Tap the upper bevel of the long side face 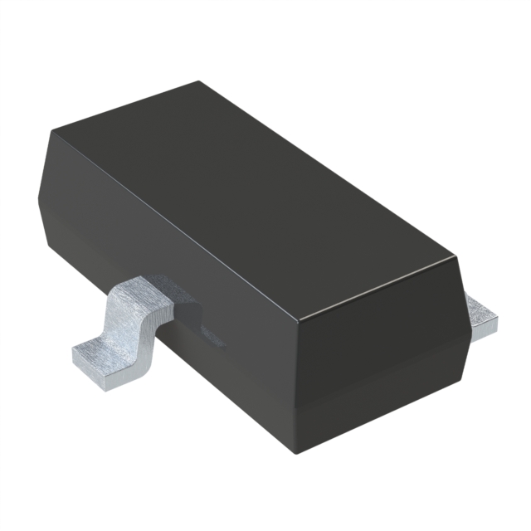click(x=166, y=241)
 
